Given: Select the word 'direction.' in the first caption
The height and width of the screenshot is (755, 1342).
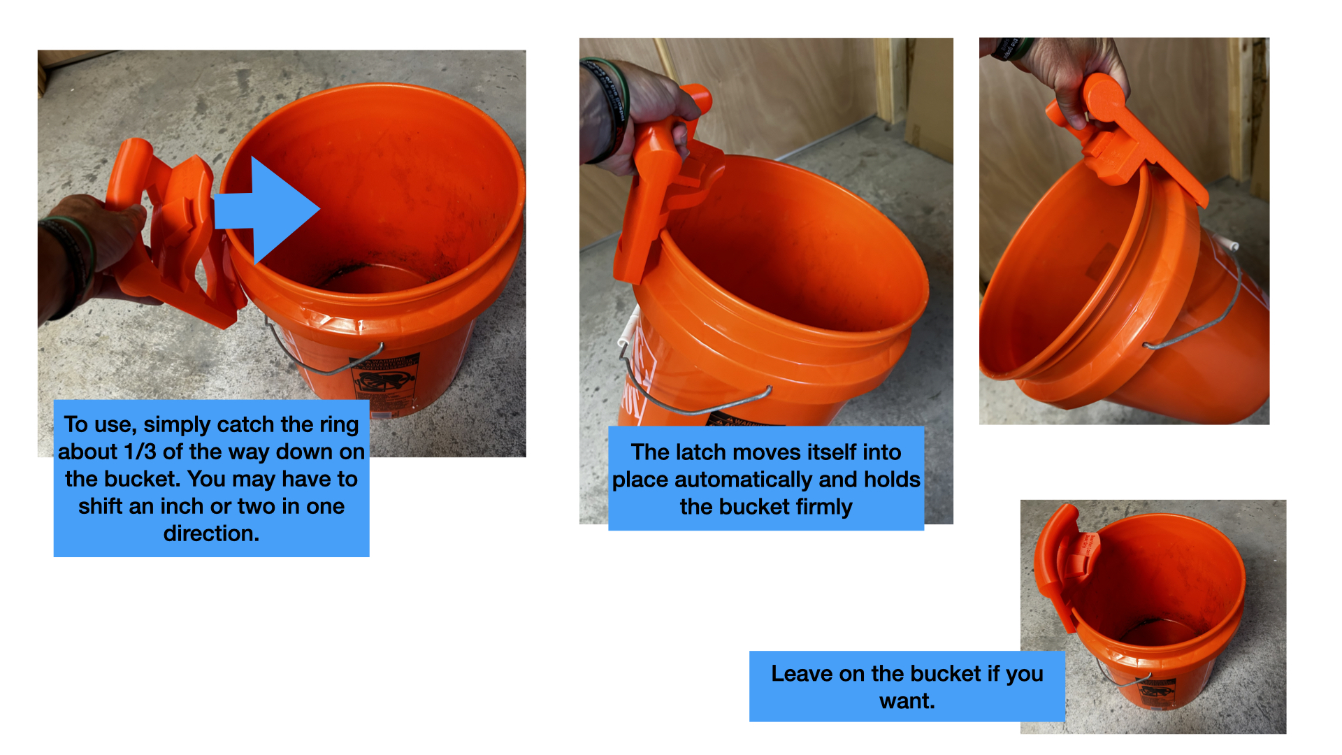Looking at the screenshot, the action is (x=211, y=533).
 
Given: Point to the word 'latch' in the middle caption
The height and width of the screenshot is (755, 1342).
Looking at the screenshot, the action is (x=699, y=452).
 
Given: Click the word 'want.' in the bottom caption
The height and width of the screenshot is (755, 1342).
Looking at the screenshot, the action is (x=907, y=700).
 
